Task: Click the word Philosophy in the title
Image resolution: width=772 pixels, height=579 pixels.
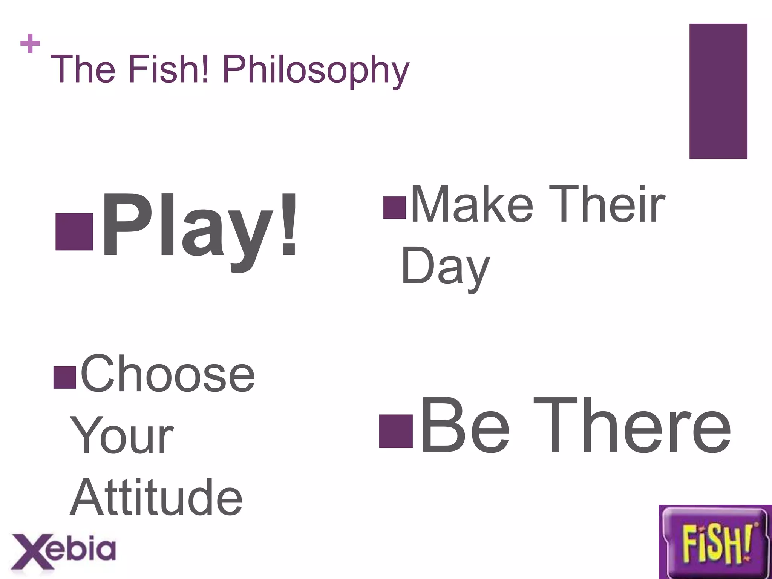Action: (316, 70)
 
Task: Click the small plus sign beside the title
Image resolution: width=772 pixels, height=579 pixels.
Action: (30, 43)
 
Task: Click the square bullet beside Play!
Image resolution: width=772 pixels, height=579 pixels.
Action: (74, 232)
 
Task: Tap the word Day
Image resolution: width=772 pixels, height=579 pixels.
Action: (446, 267)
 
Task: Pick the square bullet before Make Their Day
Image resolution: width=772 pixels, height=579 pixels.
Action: (394, 208)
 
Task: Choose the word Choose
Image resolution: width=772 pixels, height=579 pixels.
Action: (167, 374)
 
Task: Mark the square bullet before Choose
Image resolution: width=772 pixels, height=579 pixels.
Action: (65, 377)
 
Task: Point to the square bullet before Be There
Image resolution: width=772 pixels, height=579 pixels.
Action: (395, 431)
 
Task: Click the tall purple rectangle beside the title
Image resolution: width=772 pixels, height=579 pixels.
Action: (718, 91)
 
